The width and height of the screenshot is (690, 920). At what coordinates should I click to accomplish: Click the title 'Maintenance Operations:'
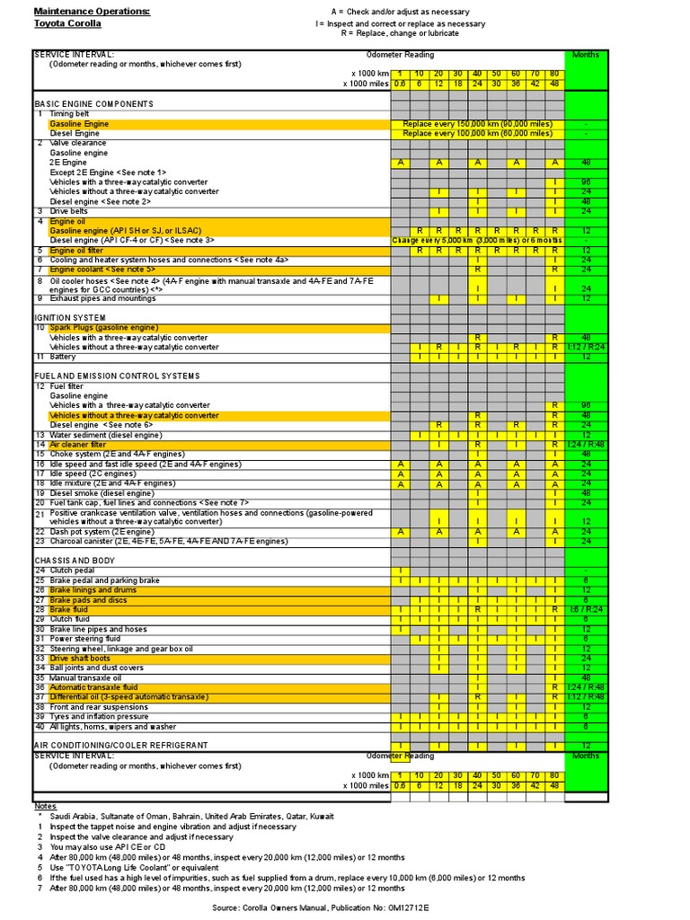(x=93, y=11)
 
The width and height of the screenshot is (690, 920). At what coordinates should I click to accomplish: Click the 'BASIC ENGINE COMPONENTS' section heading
(x=93, y=104)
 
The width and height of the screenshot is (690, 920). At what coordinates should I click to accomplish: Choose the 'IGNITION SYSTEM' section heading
(x=70, y=318)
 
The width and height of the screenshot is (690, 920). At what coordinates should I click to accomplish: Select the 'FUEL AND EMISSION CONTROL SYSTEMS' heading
(x=117, y=376)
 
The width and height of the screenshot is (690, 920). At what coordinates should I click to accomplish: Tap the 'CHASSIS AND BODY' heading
(x=75, y=561)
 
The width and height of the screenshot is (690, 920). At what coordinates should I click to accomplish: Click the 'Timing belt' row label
(x=69, y=114)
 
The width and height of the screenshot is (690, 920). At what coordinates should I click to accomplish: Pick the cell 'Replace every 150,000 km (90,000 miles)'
(x=477, y=124)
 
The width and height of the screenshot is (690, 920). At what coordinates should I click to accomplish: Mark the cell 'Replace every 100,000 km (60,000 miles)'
(x=477, y=133)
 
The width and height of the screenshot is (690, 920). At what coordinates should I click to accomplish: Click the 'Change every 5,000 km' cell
(x=477, y=241)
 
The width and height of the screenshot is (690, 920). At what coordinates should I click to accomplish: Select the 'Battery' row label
(x=65, y=357)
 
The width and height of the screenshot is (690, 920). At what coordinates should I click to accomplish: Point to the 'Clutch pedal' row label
(x=74, y=571)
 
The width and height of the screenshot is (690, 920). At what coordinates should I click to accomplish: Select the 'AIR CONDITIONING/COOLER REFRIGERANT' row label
(x=120, y=746)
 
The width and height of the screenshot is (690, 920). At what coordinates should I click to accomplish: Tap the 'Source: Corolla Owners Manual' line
(x=321, y=908)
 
